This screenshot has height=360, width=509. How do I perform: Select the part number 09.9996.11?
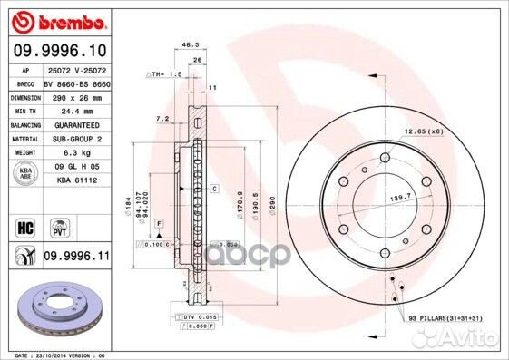[x=75, y=258]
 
